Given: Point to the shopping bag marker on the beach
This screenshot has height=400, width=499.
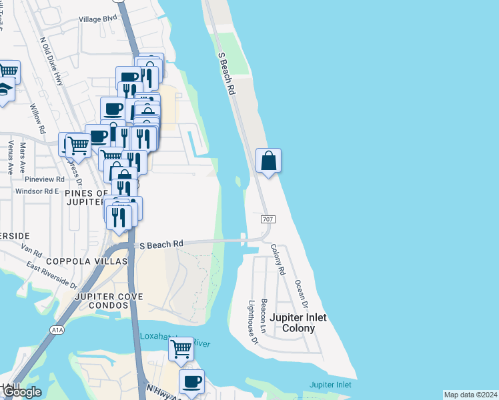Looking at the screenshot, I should (268, 161).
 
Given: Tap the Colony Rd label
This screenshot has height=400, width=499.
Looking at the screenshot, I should (278, 260).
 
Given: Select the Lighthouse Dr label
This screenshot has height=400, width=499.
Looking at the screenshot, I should (253, 322).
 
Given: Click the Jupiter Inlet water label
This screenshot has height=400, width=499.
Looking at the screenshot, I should (330, 385).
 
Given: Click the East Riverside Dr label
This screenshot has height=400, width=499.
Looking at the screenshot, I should (52, 275).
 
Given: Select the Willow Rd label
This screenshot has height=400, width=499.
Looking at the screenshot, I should (37, 118).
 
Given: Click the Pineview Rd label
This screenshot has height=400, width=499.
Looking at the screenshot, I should (44, 179).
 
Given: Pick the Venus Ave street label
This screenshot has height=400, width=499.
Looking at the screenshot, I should (9, 157).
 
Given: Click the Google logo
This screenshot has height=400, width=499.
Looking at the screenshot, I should (21, 392).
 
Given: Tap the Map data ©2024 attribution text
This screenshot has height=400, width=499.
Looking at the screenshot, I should (470, 395).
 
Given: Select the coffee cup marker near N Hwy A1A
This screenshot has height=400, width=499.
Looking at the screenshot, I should (192, 382).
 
